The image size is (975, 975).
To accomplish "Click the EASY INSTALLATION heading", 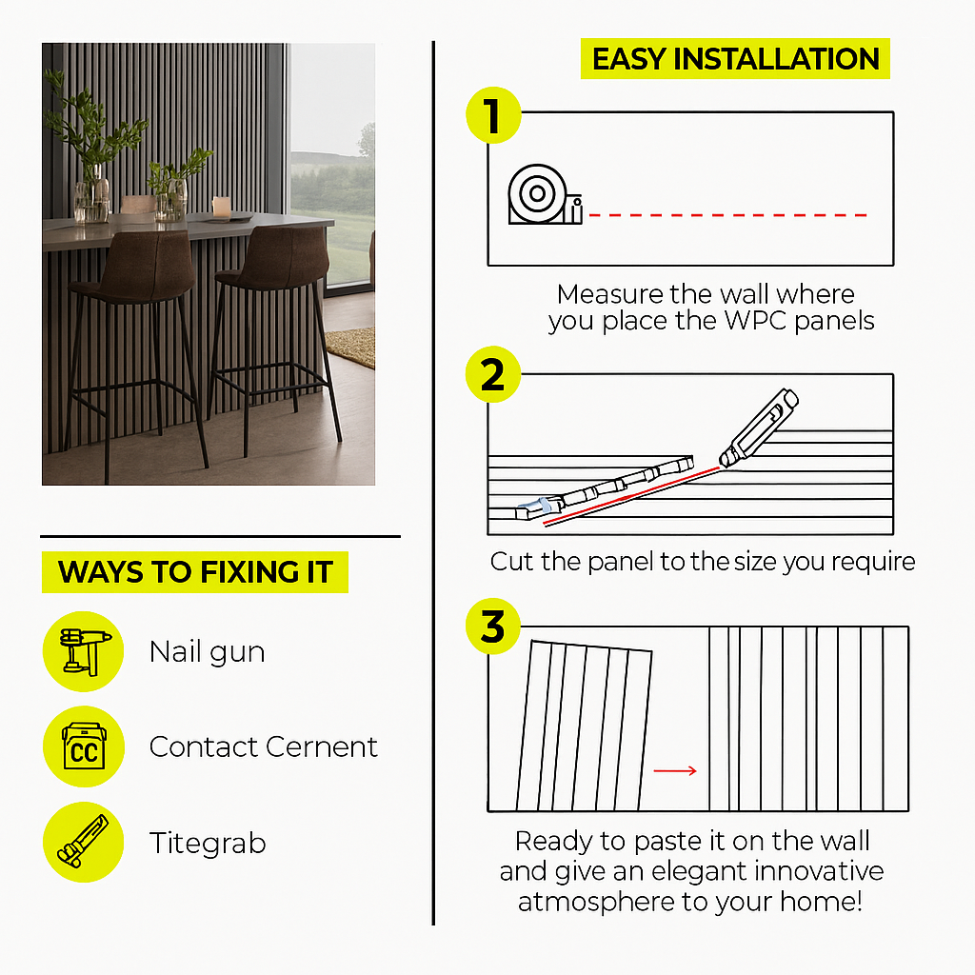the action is pos(735,59).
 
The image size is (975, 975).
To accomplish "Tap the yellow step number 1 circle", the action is pos(494,115).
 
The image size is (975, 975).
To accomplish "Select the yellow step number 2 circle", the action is pos(493,374).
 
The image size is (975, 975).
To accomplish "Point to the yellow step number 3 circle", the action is pos(493,627).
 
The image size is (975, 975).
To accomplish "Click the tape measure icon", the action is pos(545,194).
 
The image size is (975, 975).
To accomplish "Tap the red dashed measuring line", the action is pos(727,215).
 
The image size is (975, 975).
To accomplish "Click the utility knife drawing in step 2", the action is pos(759,428).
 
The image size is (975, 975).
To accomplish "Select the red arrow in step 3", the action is pos(675,771).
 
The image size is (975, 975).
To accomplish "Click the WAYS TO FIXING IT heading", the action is pos(195,572).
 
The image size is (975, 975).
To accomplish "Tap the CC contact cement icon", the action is pos(84,746).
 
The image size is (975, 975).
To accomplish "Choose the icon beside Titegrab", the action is pos(84,842).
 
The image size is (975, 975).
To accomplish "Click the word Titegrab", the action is pos(208,844).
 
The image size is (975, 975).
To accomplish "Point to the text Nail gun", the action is pos(207,652).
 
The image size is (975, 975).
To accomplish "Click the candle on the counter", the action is pos(221,206).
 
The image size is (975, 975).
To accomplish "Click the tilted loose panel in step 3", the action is pos(585,726).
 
